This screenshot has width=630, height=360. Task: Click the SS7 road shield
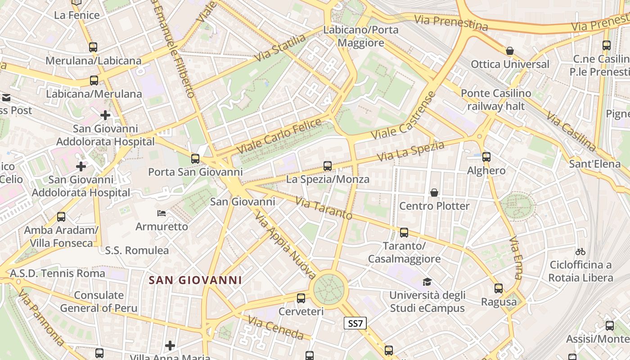[355, 323]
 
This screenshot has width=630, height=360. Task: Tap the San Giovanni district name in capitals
[195, 280]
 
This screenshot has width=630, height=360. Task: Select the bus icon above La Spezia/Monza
[328, 166]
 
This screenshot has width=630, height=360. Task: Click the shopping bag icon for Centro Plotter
[434, 193]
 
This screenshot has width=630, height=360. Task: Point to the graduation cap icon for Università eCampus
[427, 282]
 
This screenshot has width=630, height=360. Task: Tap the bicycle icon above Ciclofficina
[580, 252]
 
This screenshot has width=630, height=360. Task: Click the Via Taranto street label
[324, 208]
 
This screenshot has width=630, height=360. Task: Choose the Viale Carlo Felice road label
[279, 135]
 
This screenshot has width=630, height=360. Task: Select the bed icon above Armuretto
[162, 213]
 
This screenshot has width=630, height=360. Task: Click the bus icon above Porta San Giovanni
[195, 159]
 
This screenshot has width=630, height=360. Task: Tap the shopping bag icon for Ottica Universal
[510, 51]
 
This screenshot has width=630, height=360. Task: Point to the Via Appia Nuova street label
[285, 245]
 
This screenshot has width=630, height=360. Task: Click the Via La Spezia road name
[411, 151]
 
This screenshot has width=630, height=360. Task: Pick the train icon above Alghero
[486, 157]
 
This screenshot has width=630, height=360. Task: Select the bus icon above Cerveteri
[301, 298]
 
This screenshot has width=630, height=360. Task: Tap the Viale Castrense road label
[405, 116]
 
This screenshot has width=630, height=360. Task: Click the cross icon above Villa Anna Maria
[170, 346]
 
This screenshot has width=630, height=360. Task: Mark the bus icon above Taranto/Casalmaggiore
[404, 233]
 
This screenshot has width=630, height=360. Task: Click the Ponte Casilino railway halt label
[496, 100]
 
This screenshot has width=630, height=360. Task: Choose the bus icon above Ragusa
[499, 288]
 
